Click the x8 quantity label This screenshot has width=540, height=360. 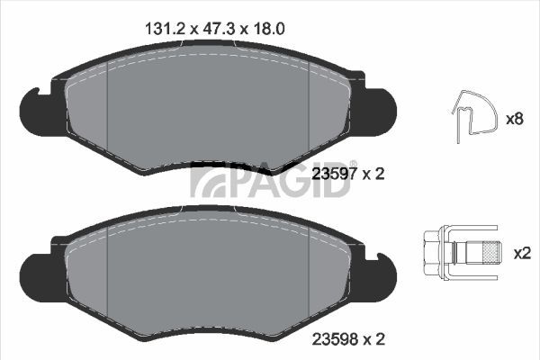[516, 119]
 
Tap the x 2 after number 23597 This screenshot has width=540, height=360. [373, 175]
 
